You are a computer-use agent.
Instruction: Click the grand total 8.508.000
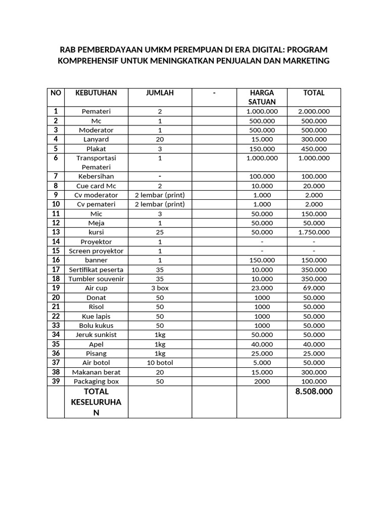tap(314, 392)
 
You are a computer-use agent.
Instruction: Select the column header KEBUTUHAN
tap(96, 93)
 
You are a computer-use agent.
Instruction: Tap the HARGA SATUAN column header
tap(262, 97)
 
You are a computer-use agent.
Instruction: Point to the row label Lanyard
tap(96, 139)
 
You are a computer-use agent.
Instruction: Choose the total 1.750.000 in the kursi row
tap(314, 232)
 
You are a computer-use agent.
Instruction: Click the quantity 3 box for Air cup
tap(160, 288)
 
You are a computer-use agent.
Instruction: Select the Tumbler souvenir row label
tap(96, 279)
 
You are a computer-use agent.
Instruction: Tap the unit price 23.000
tap(262, 288)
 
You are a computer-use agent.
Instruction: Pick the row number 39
tap(56, 381)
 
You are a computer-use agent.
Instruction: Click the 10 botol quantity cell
tap(160, 363)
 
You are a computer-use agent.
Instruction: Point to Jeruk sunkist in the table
tap(96, 335)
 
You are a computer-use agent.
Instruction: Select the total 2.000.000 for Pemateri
tap(314, 111)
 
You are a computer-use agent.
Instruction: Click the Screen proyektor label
tap(96, 251)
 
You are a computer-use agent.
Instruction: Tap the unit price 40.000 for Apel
tap(262, 344)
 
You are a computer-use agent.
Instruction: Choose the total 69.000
tap(314, 288)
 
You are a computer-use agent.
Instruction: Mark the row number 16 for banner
tap(56, 260)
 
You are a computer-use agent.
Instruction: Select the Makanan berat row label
tap(96, 372)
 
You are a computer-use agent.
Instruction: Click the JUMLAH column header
tap(160, 93)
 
